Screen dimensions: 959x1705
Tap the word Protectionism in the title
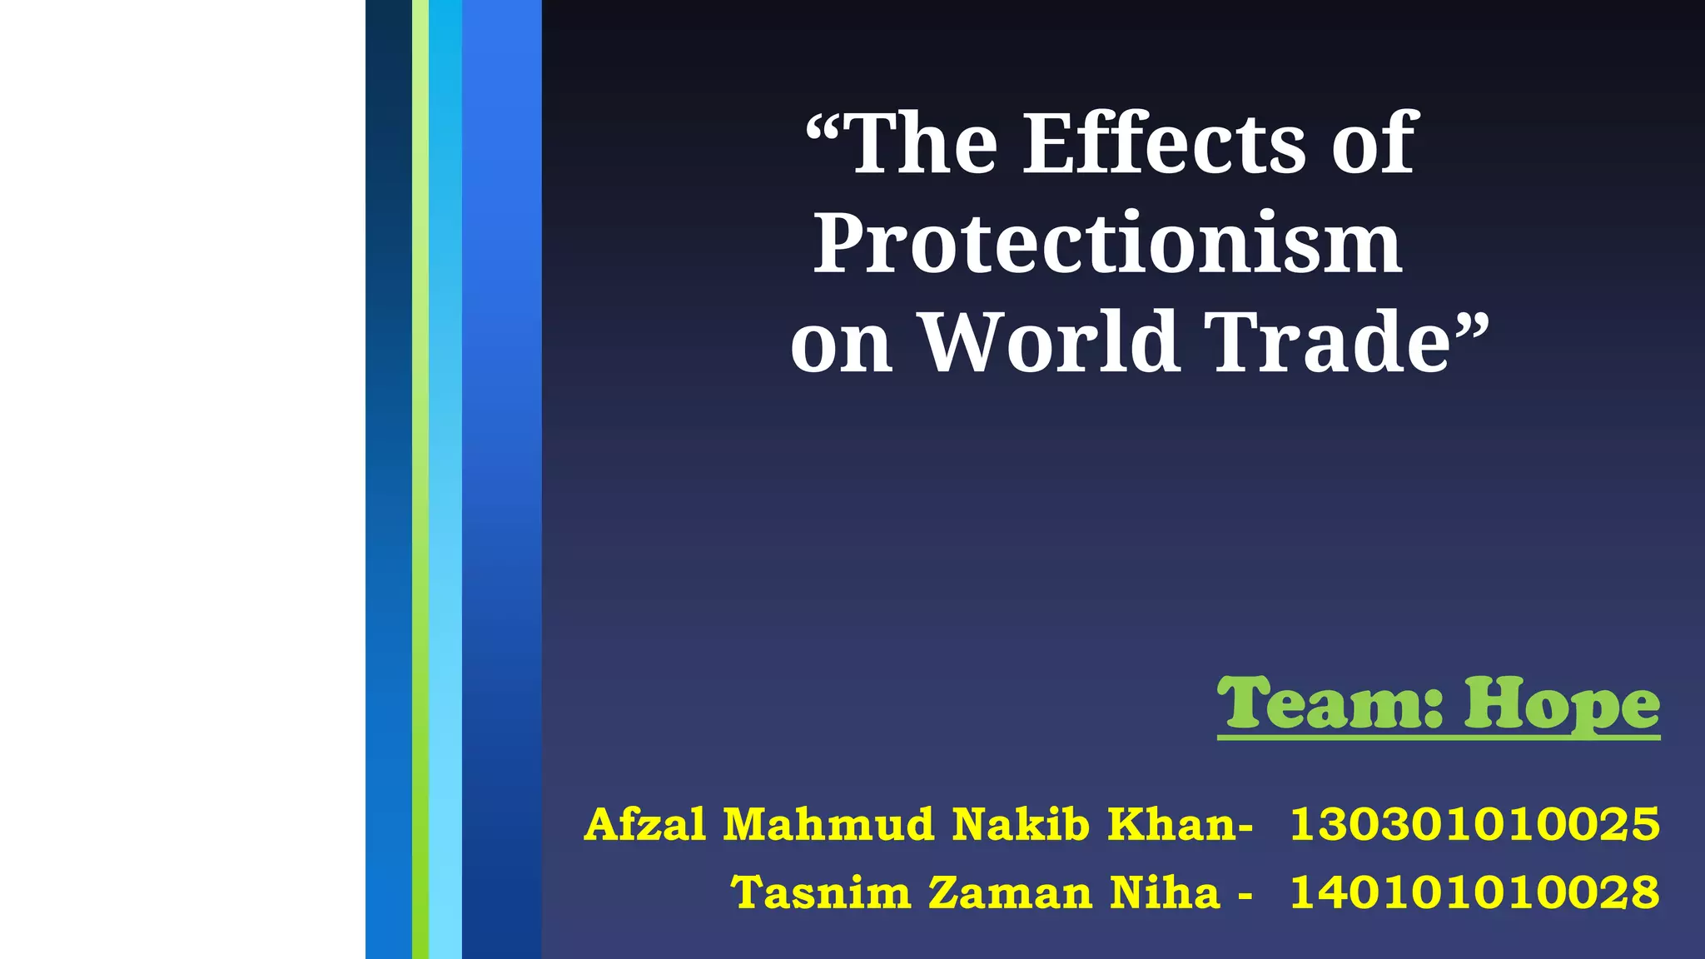(1107, 244)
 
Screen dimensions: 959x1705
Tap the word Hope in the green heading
(1562, 706)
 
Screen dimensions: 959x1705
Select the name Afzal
(645, 825)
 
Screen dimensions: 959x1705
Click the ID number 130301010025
(1474, 825)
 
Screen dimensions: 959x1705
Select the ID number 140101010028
(1474, 893)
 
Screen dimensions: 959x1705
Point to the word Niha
(1165, 893)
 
